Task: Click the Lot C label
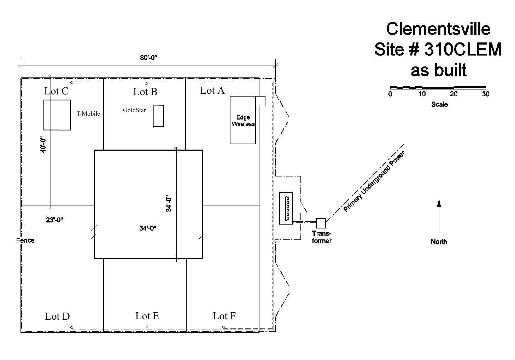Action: point(56,91)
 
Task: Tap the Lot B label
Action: point(145,92)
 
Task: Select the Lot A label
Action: point(212,91)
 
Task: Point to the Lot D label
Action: point(57,317)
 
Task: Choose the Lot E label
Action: point(147,316)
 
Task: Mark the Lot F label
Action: point(224,316)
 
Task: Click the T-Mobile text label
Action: point(88,114)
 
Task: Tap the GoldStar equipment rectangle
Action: point(158,116)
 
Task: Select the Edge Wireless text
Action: point(243,121)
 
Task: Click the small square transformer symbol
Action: point(321,223)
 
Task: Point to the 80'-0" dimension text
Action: point(148,58)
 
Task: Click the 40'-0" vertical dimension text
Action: point(43,145)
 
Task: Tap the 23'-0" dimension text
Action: point(54,220)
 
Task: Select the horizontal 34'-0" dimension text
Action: point(148,228)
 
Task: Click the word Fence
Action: point(25,240)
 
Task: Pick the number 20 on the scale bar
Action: point(453,94)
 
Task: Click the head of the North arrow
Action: point(439,203)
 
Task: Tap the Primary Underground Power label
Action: point(374,182)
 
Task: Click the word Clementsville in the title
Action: point(438,29)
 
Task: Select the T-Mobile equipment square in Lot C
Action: point(57,115)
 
